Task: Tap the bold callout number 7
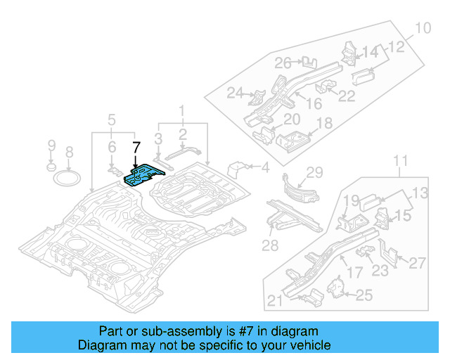137,147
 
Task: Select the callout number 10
422,29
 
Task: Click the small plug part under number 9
51,167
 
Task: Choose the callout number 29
314,172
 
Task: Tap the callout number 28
271,244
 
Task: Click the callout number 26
283,63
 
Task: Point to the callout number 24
234,93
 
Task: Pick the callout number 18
324,124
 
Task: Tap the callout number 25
364,296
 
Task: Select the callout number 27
418,263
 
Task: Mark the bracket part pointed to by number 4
240,169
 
